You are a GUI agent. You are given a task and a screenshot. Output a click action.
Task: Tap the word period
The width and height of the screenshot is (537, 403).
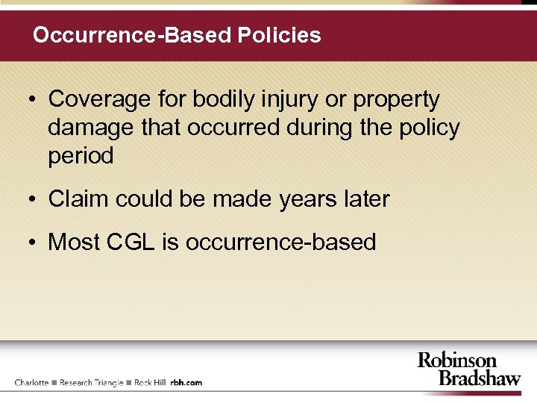81,157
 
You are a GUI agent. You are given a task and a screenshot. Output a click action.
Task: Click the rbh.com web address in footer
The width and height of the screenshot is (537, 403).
186,382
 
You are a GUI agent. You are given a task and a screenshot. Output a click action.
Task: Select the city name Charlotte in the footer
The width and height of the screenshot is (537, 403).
31,382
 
